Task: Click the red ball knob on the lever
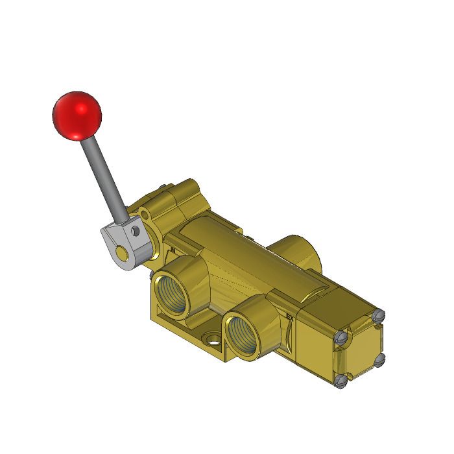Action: click(77, 115)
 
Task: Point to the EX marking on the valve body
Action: click(290, 317)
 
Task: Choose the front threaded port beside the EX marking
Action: click(248, 334)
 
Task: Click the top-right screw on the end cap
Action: click(379, 317)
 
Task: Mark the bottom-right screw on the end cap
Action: click(381, 358)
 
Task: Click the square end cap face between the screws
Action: click(361, 349)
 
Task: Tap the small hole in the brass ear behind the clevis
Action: click(147, 213)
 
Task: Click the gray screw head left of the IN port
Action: click(150, 276)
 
